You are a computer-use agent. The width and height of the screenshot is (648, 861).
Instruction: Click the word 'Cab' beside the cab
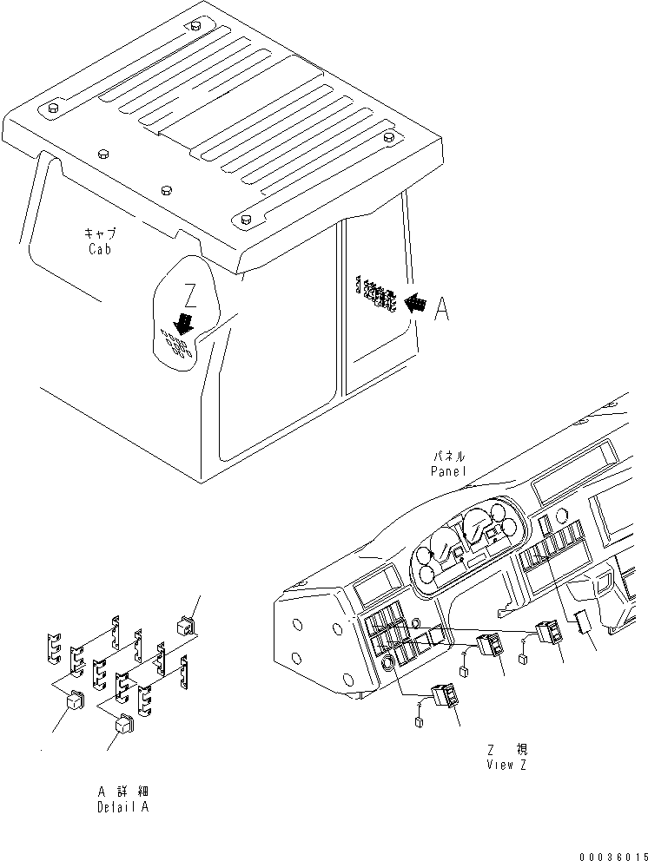click(x=100, y=248)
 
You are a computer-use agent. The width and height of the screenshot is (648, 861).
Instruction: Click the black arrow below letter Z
click(x=183, y=324)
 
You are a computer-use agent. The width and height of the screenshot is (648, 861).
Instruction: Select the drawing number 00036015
click(x=613, y=854)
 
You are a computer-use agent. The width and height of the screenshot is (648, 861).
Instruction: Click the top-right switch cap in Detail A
click(x=184, y=623)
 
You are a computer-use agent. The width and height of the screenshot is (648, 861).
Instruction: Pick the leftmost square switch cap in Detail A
click(x=75, y=699)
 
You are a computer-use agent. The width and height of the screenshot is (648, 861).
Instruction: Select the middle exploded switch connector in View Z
click(x=486, y=645)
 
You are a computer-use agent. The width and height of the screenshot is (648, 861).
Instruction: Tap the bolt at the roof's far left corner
click(x=51, y=108)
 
